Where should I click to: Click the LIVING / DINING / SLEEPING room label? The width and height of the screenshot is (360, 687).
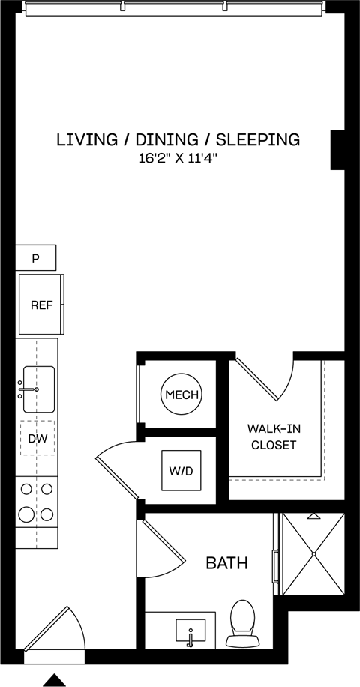coord(178,139)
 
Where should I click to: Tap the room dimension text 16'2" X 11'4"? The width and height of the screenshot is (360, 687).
coord(178,158)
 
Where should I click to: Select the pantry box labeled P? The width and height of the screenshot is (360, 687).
coord(35,258)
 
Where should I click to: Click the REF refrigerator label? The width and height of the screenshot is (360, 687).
coord(40,305)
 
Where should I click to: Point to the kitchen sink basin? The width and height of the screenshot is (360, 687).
coord(38,389)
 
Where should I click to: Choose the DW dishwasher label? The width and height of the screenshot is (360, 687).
coord(37,439)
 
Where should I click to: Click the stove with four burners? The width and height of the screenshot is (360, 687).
coord(37,502)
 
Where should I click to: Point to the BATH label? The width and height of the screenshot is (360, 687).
coord(226,562)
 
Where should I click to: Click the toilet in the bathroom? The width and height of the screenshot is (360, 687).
coord(241,622)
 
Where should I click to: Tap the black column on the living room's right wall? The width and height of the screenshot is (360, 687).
coord(337,149)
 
